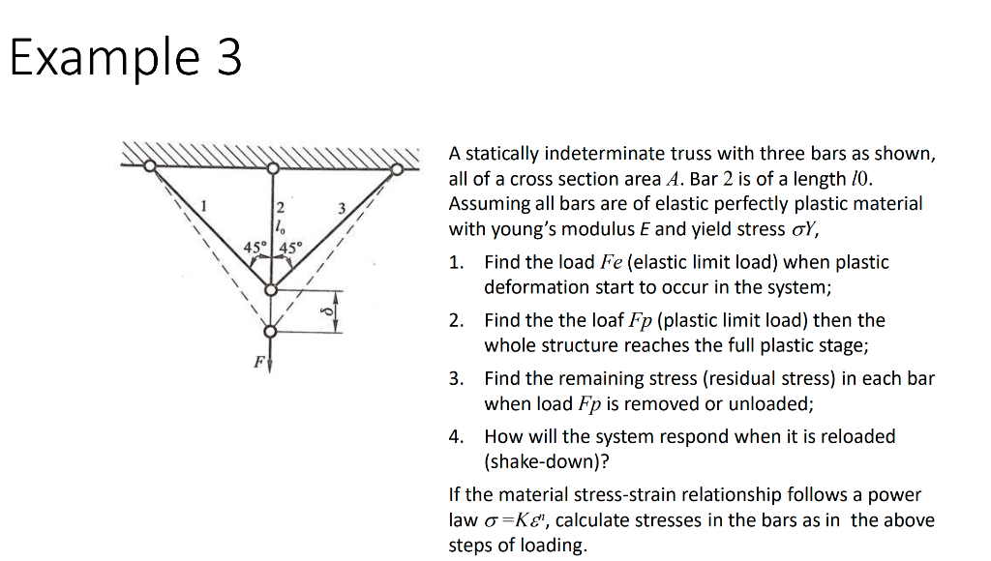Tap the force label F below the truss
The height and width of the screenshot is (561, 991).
[258, 363]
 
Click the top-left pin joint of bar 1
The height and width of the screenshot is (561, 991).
[150, 167]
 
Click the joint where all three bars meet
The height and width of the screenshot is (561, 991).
[274, 289]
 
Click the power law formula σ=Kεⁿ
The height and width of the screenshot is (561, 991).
[514, 520]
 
